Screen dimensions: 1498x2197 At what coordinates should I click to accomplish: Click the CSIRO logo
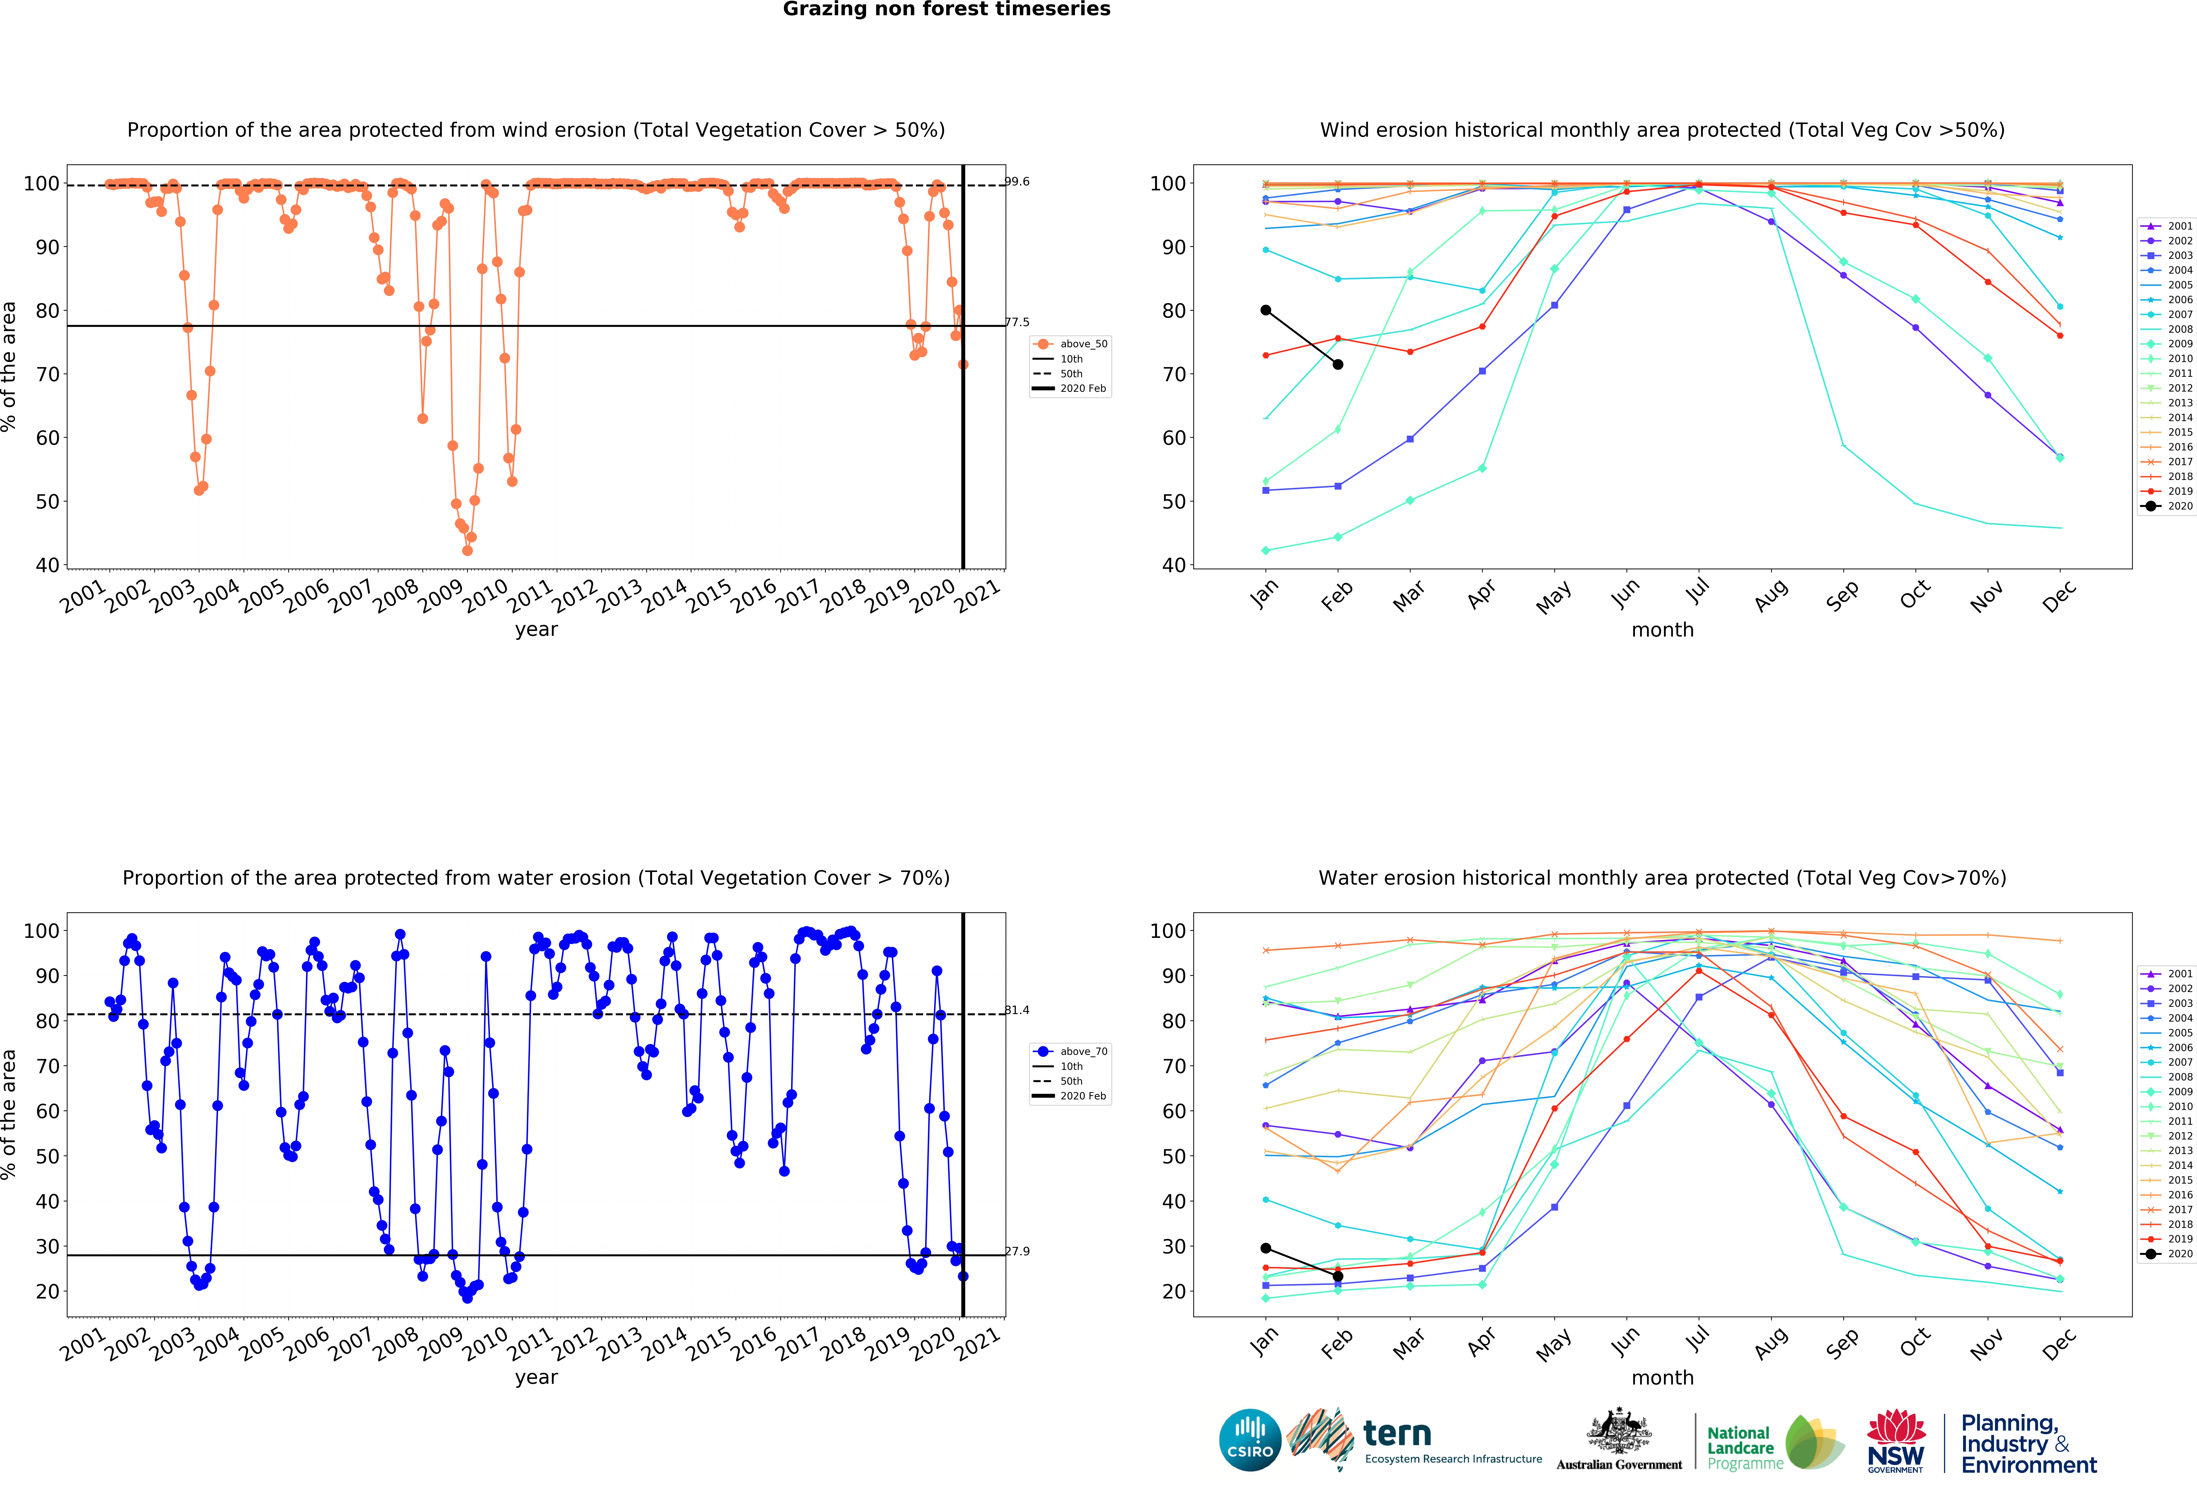(1250, 1440)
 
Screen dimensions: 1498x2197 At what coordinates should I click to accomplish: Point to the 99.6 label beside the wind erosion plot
(1017, 181)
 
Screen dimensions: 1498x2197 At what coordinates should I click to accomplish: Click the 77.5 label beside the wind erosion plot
(1017, 322)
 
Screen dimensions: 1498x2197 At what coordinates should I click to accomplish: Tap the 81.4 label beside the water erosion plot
(1017, 1010)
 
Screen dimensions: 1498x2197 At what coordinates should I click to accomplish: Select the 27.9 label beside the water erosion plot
(1017, 1251)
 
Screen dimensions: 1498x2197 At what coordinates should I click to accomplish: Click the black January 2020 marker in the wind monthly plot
(1266, 310)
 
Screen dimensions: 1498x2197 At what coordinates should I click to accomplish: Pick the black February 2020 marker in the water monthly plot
(1338, 1277)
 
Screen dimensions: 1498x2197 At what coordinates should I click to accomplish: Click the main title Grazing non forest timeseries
(946, 9)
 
